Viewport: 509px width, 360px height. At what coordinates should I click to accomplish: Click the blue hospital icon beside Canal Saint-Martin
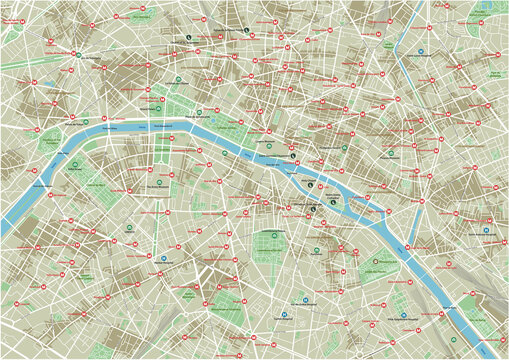(421, 51)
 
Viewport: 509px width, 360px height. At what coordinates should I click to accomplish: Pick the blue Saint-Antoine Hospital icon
(485, 230)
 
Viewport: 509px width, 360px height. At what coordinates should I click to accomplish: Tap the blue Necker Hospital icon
(162, 257)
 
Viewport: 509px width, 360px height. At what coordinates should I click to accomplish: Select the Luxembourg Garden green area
(264, 243)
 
